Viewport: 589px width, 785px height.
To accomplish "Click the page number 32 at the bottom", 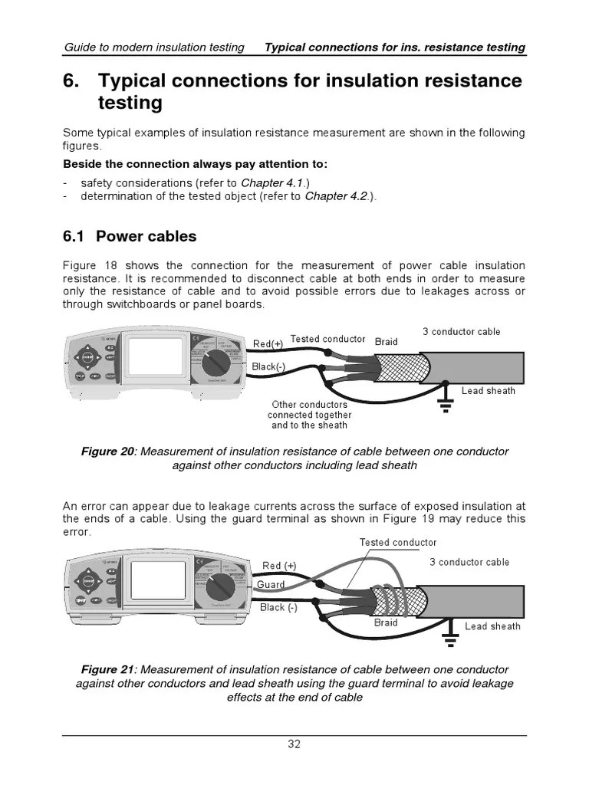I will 294,744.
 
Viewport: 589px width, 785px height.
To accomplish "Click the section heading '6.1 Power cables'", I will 130,236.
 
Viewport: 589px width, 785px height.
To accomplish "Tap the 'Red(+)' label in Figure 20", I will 268,343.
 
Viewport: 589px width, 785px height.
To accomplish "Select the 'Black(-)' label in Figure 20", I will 268,366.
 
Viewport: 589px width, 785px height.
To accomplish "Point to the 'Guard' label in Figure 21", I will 271,584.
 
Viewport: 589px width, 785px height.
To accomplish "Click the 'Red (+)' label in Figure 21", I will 279,566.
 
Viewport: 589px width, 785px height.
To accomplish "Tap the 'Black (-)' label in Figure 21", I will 278,607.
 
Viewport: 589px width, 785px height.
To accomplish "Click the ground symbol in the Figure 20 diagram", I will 444,404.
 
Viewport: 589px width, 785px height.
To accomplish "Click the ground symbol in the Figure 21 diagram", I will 447,636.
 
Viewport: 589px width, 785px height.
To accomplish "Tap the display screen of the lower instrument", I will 158,582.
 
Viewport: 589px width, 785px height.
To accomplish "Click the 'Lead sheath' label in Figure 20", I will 488,391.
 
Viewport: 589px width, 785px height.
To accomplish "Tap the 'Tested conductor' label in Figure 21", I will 398,543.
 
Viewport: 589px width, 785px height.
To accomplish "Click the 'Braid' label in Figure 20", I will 386,341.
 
